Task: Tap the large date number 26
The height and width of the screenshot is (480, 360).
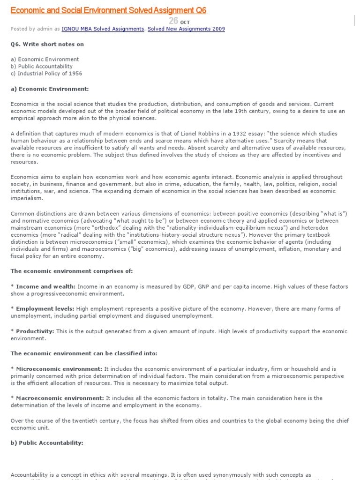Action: click(x=173, y=21)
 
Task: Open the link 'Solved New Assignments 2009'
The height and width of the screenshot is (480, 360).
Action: click(x=186, y=29)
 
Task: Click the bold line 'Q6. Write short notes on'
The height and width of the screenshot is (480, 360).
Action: click(x=47, y=44)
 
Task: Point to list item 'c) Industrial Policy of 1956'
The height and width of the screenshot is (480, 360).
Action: click(x=46, y=73)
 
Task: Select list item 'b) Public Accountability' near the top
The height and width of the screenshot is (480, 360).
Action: click(x=42, y=66)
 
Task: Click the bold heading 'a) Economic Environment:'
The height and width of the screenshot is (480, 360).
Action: click(x=50, y=89)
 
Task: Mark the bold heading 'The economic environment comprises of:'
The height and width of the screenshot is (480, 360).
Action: click(x=72, y=271)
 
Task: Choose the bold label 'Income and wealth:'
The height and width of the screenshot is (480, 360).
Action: click(x=45, y=286)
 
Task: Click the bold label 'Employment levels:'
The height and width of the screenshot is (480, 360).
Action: click(x=45, y=309)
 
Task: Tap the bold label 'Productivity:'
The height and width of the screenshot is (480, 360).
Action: click(x=35, y=331)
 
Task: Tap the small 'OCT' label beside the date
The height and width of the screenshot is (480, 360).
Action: click(x=185, y=22)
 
